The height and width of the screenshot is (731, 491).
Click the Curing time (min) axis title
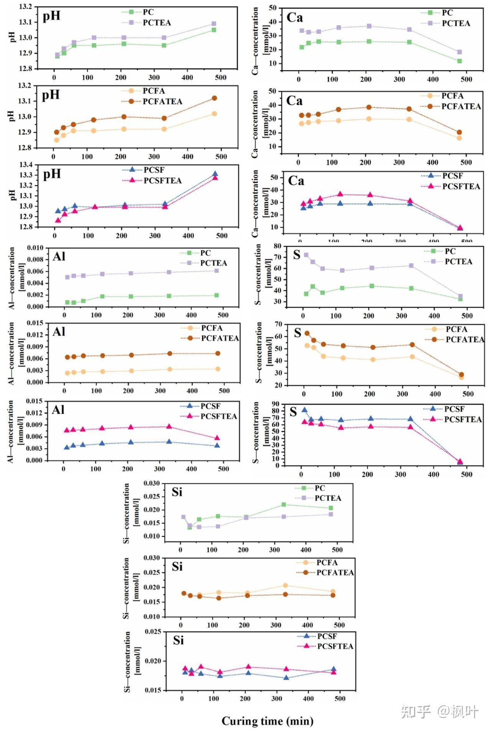tap(267, 721)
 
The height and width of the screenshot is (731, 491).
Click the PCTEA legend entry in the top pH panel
tap(157, 23)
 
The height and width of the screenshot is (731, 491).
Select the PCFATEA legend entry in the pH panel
tap(162, 102)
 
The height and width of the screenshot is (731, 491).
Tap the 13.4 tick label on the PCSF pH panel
tap(26, 165)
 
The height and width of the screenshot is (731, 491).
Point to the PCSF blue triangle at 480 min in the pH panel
tap(215, 174)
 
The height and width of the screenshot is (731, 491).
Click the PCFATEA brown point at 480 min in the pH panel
tap(214, 98)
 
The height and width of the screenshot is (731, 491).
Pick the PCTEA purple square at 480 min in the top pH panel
tap(214, 24)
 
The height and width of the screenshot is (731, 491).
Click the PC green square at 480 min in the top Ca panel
tap(460, 61)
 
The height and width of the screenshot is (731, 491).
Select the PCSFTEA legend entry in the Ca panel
tap(461, 186)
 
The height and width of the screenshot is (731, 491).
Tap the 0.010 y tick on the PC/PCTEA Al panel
tap(35, 248)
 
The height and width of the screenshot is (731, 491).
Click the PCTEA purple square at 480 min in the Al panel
tap(216, 271)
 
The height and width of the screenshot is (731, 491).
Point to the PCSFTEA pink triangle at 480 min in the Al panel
tap(217, 438)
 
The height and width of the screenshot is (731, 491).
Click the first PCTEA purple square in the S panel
tap(306, 255)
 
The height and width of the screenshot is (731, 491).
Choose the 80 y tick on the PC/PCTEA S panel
tap(277, 246)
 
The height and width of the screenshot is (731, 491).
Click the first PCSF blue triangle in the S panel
tap(304, 410)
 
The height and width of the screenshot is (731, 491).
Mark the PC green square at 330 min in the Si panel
tap(283, 505)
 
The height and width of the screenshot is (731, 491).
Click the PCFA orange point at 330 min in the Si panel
tap(285, 586)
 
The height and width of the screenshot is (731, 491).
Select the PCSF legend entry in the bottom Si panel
tap(327, 637)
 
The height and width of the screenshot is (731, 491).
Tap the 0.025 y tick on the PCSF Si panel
tap(153, 632)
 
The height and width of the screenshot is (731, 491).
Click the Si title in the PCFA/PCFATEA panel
tap(177, 567)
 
